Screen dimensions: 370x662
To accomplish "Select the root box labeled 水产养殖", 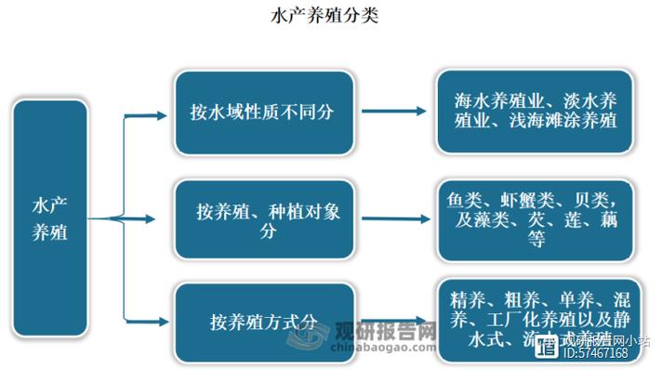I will click(x=50, y=218).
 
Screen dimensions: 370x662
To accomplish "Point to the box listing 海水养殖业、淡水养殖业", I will click(x=536, y=110).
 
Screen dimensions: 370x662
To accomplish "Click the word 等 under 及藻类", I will click(x=536, y=239).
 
